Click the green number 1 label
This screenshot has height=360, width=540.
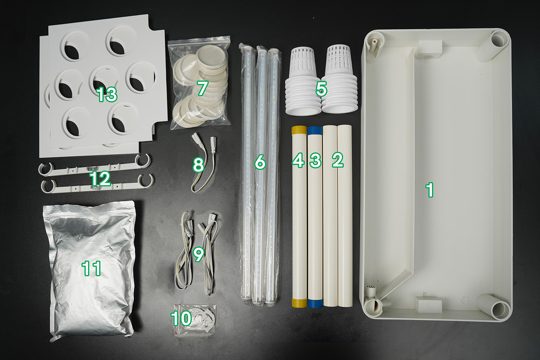(x=430, y=190)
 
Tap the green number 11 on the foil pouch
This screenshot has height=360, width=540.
(x=92, y=269)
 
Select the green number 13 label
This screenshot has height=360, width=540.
(x=106, y=94)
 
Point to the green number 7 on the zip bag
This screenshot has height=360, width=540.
(x=202, y=88)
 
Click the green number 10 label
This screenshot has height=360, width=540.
(x=181, y=318)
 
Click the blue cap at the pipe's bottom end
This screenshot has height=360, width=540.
(x=315, y=303)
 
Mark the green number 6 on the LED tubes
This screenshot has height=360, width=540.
(x=260, y=162)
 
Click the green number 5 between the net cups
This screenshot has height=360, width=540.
(x=321, y=89)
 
